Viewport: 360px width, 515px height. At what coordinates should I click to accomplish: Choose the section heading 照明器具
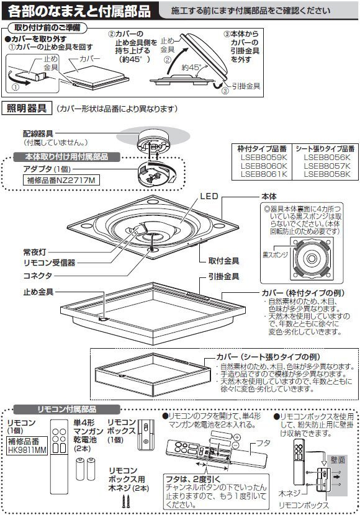pos(27,109)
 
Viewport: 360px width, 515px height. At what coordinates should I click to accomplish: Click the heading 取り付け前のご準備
pos(47,28)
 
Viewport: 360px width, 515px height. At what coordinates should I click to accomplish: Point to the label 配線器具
pos(37,133)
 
